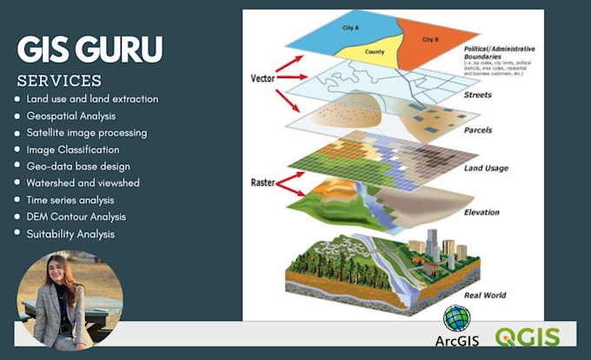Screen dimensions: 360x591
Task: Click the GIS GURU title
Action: click(x=90, y=50)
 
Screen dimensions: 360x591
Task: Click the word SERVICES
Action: click(x=59, y=81)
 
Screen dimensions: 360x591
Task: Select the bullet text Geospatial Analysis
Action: click(x=71, y=116)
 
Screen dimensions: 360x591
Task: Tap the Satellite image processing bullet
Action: click(x=87, y=133)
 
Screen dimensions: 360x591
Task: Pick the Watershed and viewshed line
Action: click(x=83, y=183)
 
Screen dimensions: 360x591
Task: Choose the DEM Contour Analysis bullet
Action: click(x=76, y=217)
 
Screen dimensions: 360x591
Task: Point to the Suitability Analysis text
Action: click(x=70, y=233)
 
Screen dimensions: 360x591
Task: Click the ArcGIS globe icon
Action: click(x=455, y=317)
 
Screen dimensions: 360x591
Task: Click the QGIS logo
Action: click(x=528, y=337)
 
